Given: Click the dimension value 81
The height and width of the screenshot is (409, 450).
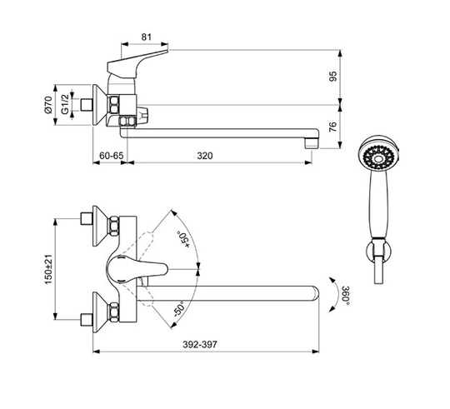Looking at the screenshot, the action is point(147,37).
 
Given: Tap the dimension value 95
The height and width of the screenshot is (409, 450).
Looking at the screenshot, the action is point(333,77).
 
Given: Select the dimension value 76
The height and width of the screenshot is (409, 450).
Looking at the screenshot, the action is point(332,127).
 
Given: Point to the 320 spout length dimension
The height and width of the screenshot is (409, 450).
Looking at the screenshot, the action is point(205,156).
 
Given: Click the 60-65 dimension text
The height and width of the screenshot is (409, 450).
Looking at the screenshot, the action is point(112,156).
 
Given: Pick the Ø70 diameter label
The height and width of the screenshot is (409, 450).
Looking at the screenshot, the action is point(48,105).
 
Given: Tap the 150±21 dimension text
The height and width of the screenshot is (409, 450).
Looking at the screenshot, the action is point(48,270).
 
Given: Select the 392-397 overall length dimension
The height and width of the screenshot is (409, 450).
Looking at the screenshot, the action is point(200,345).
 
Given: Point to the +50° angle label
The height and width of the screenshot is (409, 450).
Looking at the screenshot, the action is point(183,239).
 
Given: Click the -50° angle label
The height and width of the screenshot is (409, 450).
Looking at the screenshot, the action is point(180,309).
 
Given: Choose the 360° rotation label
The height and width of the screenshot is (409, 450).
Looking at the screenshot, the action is point(346,296).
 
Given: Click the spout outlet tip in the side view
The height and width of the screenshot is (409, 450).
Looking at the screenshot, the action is point(312,143).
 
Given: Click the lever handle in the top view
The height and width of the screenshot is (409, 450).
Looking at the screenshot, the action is point(137,269).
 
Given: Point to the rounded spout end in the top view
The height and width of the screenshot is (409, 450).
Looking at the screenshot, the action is point(315,293).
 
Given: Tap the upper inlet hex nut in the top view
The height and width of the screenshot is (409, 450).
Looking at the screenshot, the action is point(114,226).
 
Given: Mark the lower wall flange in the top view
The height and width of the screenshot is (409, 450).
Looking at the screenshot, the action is point(100,312).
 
